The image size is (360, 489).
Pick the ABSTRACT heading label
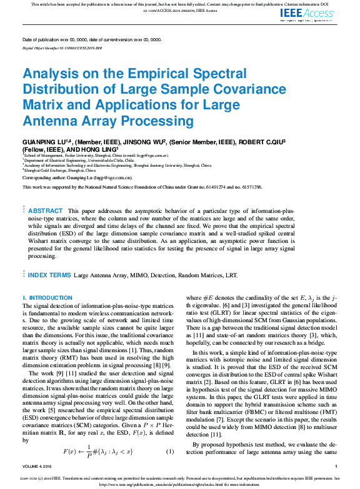46,211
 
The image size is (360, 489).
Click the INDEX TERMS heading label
49,275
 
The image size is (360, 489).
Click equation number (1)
169,451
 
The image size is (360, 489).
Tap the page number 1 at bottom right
336,466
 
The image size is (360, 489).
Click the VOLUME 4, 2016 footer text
39,466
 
